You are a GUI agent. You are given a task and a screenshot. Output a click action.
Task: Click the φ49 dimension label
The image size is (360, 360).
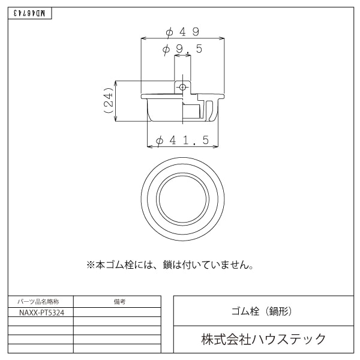182,31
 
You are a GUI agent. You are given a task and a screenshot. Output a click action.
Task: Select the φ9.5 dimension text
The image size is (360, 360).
182,49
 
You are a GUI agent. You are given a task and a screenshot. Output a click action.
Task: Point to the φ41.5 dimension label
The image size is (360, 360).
182,140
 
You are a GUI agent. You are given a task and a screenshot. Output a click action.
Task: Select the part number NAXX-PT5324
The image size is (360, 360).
41,313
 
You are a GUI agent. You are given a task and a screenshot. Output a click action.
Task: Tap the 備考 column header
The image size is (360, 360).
118,302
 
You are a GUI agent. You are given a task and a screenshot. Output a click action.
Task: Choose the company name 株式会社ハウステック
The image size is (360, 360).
263,339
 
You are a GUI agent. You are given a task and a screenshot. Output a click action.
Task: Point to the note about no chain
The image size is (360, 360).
170,264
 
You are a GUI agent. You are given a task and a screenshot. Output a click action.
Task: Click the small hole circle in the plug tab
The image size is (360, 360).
182,88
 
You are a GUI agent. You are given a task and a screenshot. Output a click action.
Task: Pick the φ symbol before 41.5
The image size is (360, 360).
160,140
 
